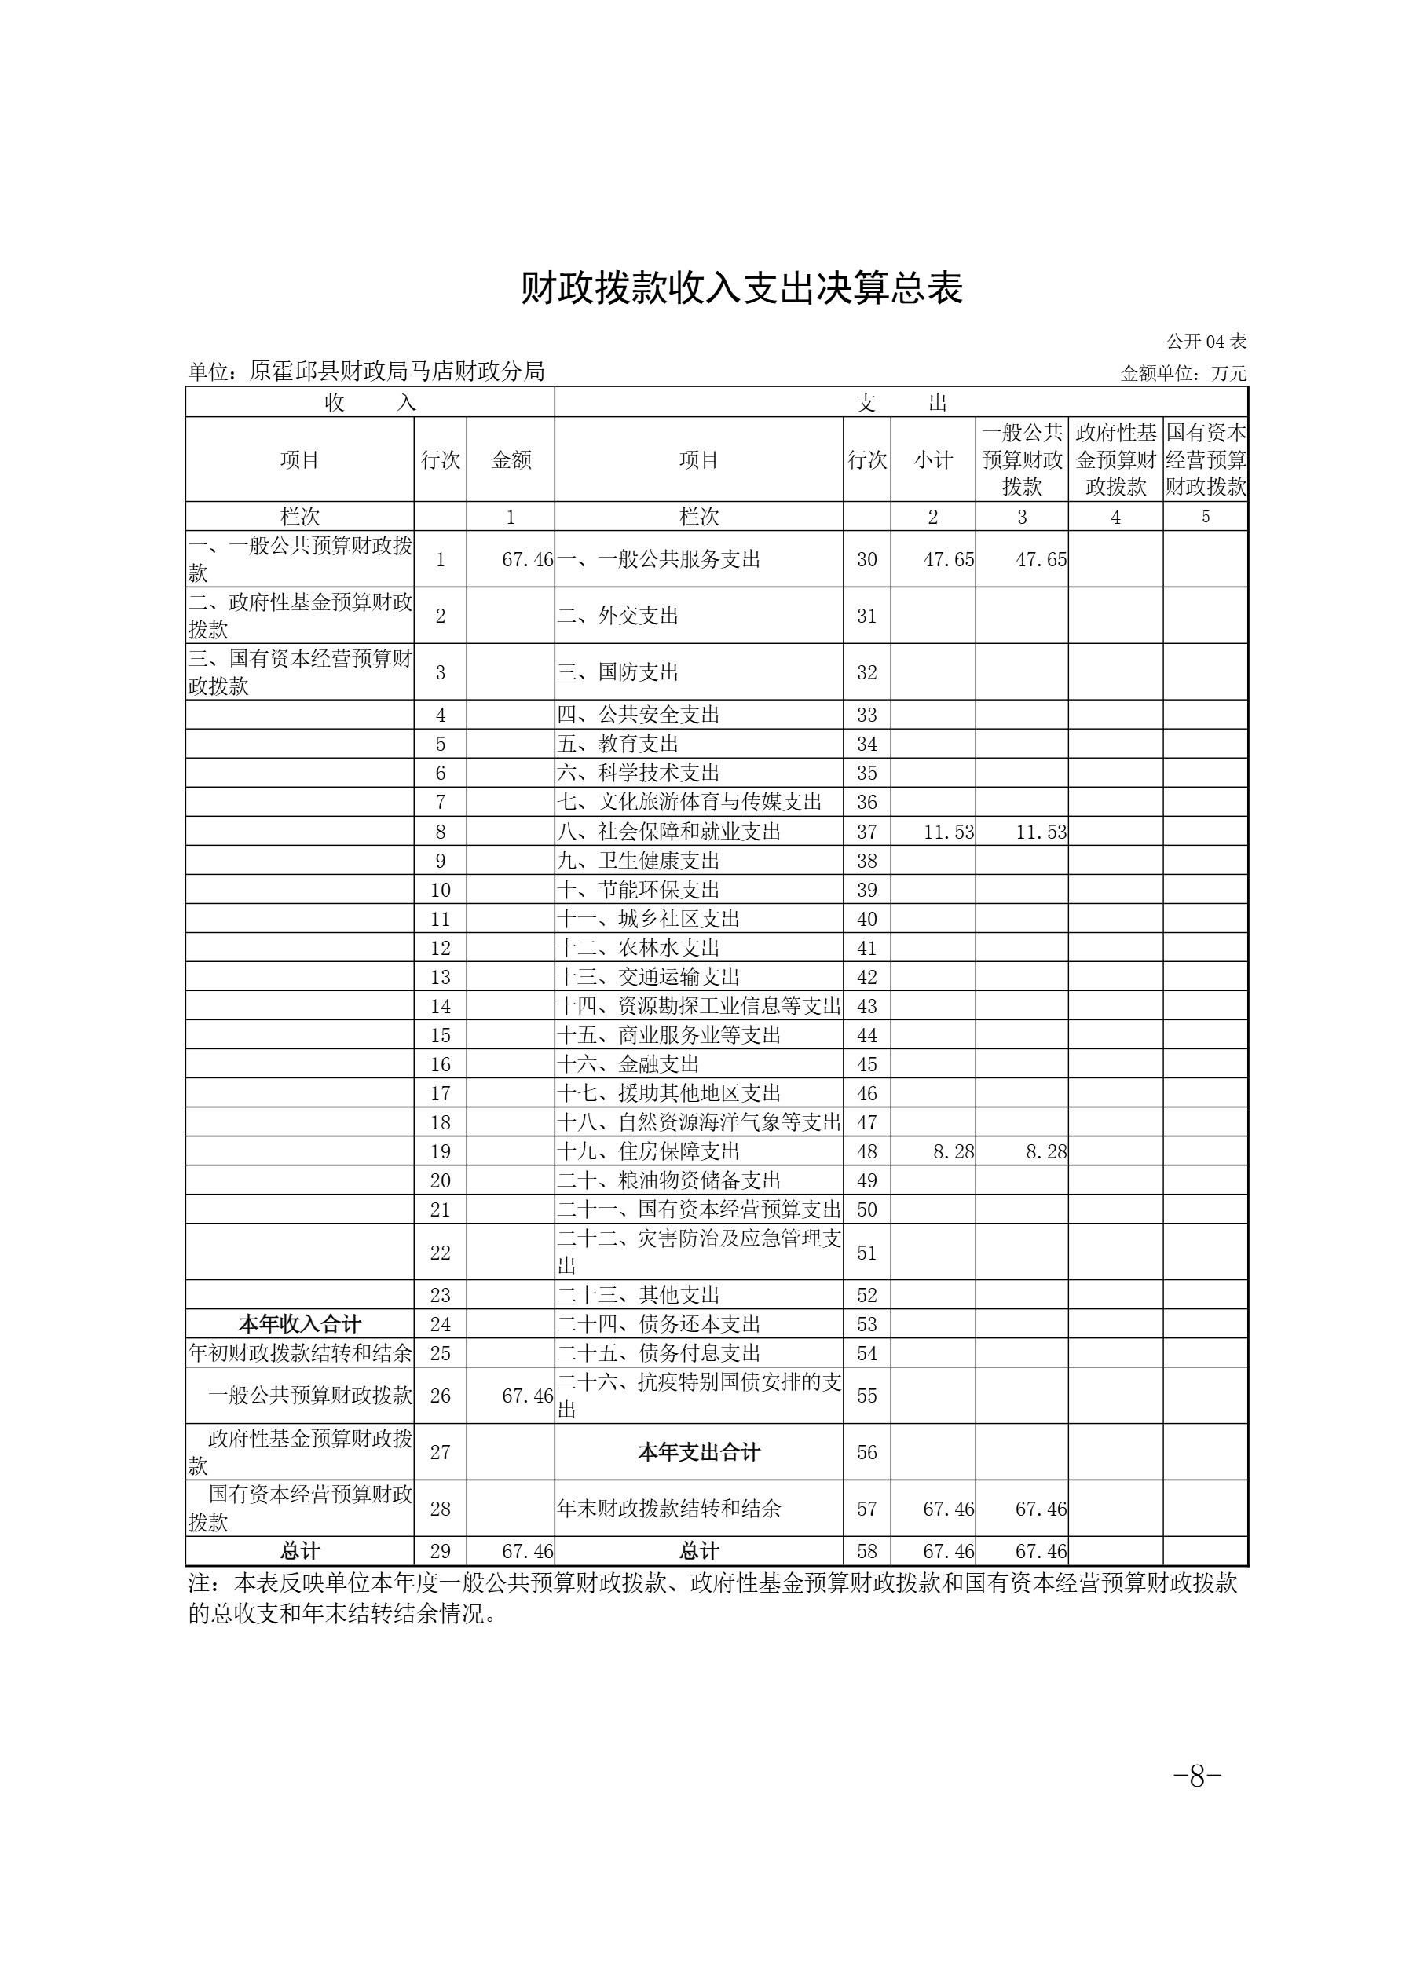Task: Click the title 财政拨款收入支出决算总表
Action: [741, 289]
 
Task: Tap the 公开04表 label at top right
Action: [1205, 342]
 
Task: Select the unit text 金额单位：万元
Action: [1183, 374]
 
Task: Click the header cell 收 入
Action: [370, 402]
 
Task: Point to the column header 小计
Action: [933, 460]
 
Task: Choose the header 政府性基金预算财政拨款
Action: [1115, 460]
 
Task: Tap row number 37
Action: [866, 832]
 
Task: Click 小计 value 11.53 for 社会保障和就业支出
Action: [949, 832]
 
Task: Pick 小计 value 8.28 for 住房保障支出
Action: [953, 1151]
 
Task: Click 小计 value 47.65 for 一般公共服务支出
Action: [949, 560]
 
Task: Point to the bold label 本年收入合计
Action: [300, 1324]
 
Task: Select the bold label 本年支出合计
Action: [699, 1453]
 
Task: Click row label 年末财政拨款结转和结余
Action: [669, 1509]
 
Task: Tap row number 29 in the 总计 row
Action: [441, 1551]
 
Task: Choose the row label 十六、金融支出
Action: [628, 1064]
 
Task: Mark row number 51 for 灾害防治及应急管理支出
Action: [866, 1253]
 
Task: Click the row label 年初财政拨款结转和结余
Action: [300, 1353]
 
